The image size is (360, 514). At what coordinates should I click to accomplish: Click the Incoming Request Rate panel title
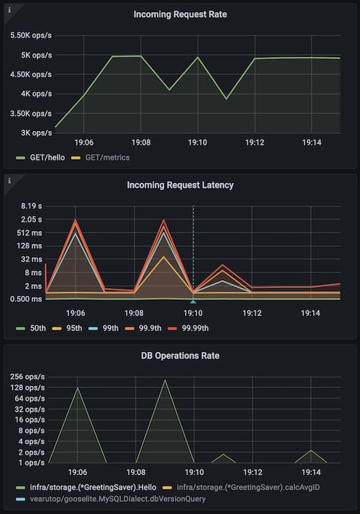(180, 14)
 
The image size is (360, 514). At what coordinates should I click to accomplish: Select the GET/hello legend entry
(40, 158)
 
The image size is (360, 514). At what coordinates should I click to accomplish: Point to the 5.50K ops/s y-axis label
(31, 35)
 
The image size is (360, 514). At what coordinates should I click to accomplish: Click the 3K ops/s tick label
(37, 132)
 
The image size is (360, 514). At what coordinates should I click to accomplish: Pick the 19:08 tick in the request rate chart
(141, 143)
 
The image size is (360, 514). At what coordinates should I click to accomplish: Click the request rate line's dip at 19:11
(226, 99)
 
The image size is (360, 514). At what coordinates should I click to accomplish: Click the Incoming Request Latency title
(180, 185)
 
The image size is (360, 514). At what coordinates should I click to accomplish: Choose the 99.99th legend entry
(188, 328)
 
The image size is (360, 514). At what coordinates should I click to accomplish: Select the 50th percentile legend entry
(31, 328)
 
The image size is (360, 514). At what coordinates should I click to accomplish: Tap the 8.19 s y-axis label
(32, 206)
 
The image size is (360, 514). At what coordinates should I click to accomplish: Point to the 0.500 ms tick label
(26, 299)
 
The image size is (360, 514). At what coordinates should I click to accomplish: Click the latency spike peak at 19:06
(76, 220)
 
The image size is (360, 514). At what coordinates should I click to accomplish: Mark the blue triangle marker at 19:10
(193, 302)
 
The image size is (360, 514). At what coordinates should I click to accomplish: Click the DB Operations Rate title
(180, 356)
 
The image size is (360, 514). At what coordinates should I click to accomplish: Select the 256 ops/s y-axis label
(27, 377)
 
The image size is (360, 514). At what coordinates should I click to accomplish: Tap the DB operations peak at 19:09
(165, 380)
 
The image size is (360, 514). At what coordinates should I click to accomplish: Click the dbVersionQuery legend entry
(111, 500)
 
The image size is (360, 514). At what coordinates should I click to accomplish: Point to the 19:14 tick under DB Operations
(311, 472)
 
